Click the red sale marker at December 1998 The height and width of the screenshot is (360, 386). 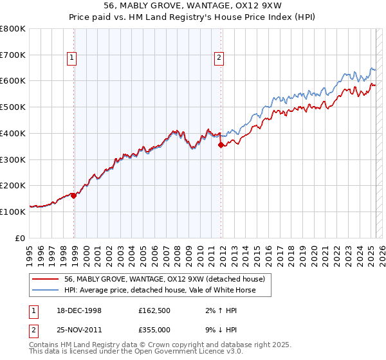click(x=74, y=195)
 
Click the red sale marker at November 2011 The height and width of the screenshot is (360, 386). click(x=221, y=145)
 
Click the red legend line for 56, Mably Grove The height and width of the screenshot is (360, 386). click(x=46, y=279)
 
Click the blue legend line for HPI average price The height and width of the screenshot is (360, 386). click(x=46, y=290)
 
